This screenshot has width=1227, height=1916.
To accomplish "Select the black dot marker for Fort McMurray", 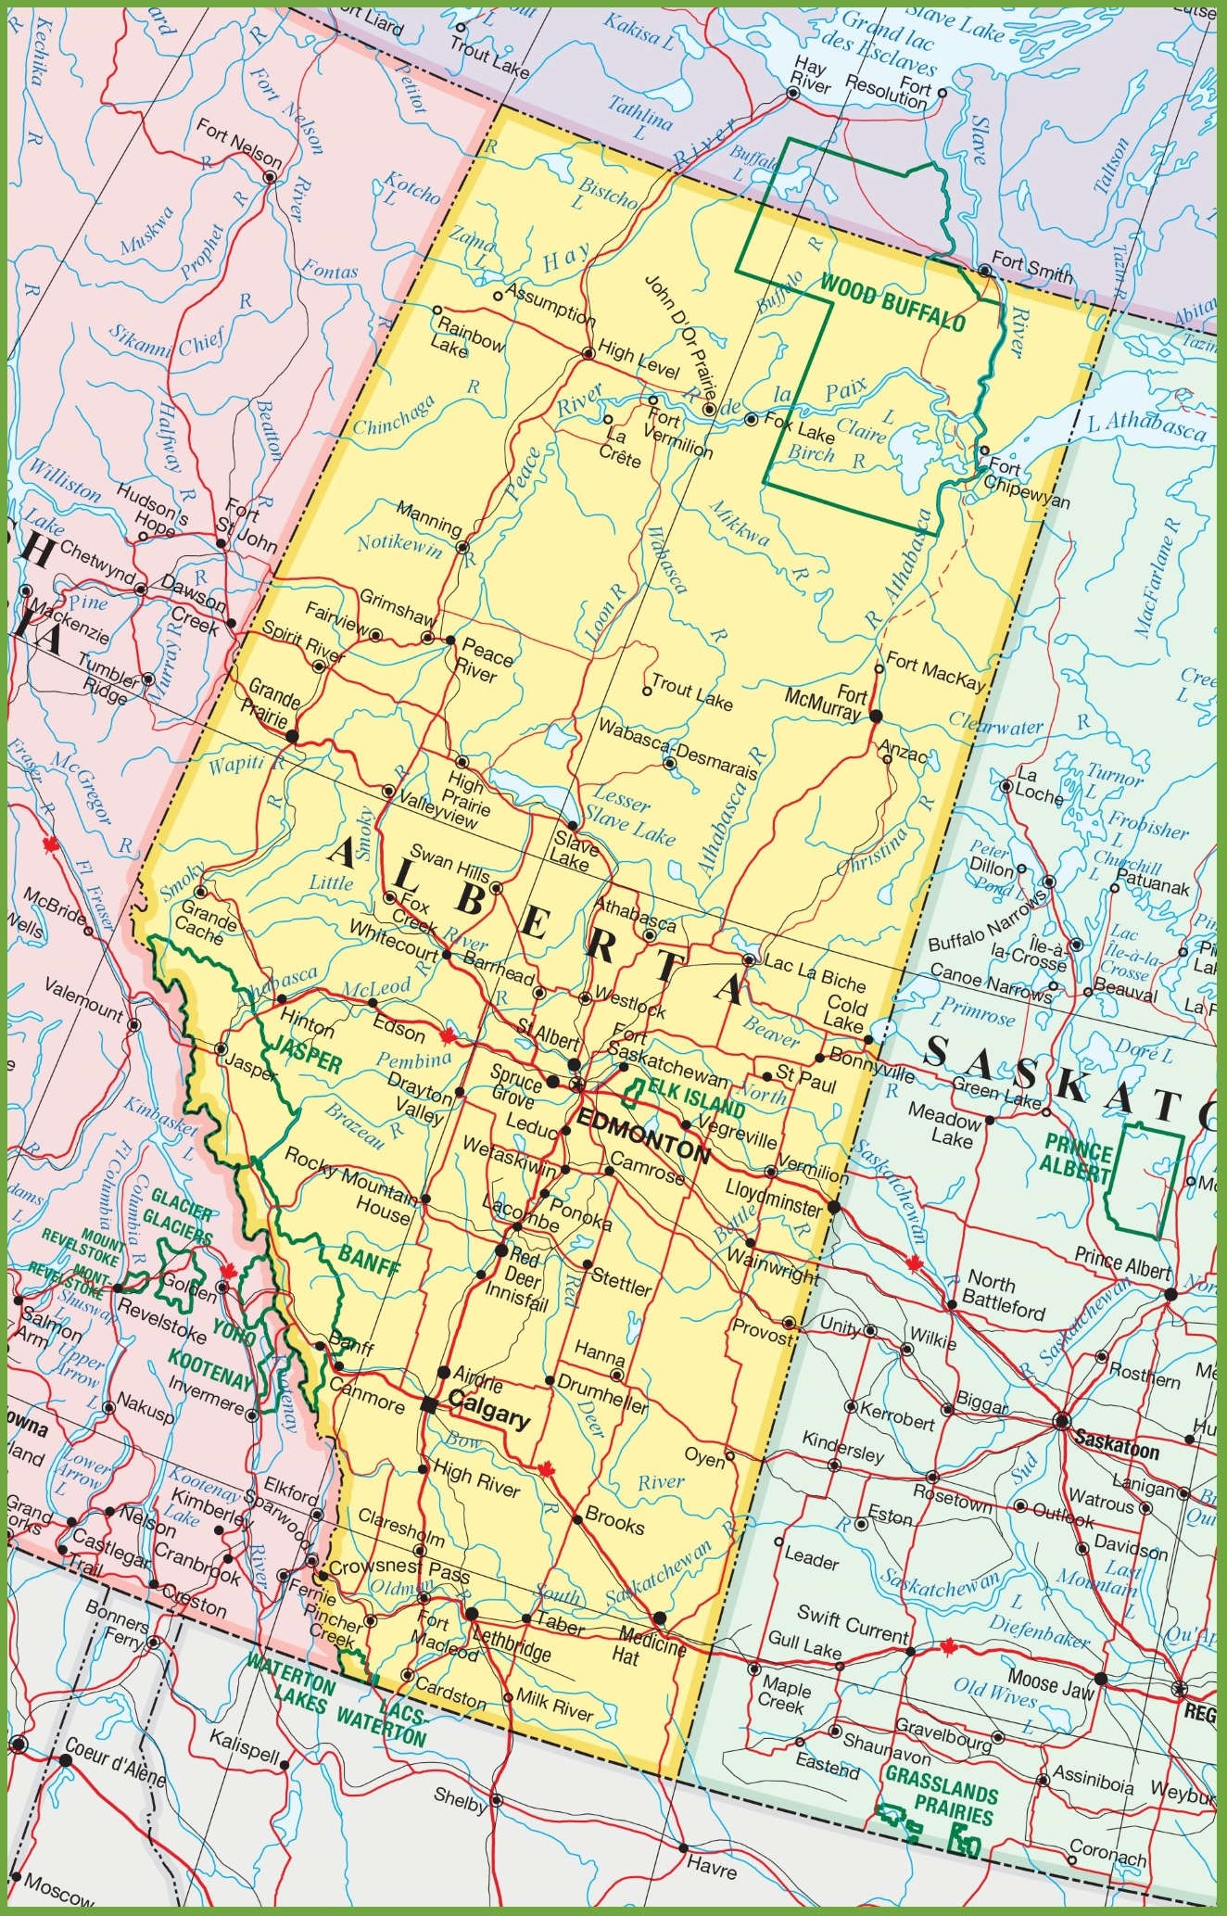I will [x=876, y=716].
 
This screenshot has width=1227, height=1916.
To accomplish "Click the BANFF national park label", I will [x=370, y=1263].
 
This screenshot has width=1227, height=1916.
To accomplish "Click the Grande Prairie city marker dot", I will [x=292, y=736].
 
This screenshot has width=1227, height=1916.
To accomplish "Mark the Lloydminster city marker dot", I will [x=833, y=1207].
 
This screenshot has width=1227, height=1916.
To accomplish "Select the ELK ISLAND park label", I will [x=696, y=1098].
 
